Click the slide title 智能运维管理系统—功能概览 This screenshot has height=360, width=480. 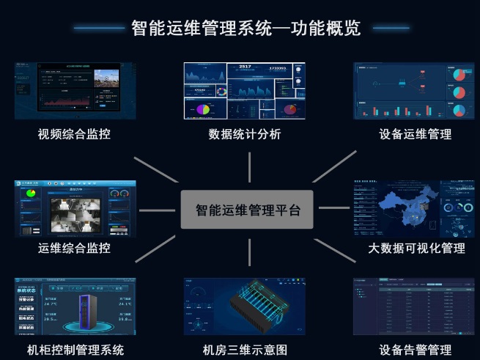coord(245,28)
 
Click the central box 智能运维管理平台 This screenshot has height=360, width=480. coord(247,210)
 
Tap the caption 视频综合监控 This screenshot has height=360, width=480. coord(75,134)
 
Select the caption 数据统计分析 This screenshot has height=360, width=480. coord(244,134)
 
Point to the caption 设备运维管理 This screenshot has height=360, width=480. coord(415,134)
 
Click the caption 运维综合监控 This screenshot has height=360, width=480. coord(75,248)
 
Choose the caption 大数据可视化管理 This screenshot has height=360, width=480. coord(416,248)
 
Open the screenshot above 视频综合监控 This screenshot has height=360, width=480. coord(75,91)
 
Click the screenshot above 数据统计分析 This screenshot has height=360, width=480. coord(244,91)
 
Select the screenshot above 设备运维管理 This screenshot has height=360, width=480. coord(415,91)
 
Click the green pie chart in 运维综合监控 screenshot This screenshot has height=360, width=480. coord(31,194)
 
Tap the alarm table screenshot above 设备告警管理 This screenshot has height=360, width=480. coord(415,306)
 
